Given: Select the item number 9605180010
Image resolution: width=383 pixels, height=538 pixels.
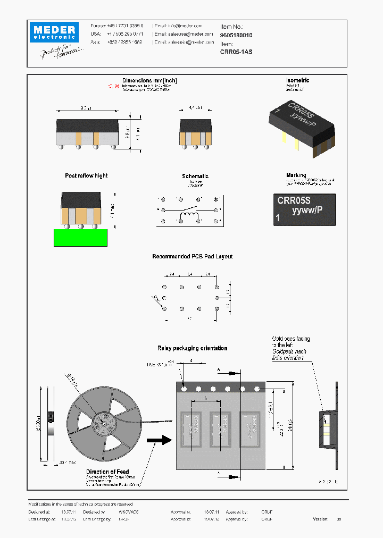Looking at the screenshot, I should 236,35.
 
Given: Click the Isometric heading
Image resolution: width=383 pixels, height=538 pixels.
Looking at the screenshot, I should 298,81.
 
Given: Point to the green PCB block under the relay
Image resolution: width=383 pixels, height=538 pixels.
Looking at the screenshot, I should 81,237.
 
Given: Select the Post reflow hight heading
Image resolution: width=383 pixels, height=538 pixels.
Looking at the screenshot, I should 86,175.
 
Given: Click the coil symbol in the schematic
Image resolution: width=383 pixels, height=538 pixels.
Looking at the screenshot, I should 189,218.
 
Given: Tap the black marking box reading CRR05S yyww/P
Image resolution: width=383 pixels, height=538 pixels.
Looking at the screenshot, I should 304,209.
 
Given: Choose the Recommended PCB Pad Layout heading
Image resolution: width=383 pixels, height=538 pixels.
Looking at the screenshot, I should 193,257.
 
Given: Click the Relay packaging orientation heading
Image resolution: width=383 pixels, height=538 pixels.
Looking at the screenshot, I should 192,348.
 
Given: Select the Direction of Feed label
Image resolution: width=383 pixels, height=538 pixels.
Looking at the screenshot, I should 107,472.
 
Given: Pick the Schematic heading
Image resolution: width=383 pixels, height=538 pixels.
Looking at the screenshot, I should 195,176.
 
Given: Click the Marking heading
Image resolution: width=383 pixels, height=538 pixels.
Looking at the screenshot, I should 296,175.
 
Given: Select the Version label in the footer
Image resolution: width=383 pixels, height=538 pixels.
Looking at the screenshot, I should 321,518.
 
